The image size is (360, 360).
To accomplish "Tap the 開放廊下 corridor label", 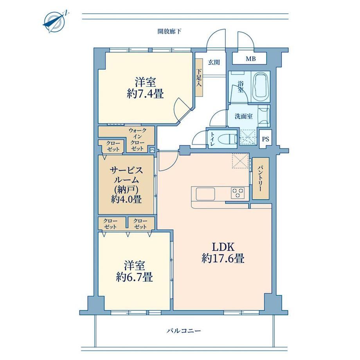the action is point(169,31).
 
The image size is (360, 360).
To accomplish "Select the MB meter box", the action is point(249,59).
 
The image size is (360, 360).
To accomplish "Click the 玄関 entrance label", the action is point(214,62).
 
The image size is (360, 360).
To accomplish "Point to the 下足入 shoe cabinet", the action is point(199,77).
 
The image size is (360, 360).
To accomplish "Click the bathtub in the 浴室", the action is point(261,86).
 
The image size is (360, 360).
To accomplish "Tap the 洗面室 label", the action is point(243,116).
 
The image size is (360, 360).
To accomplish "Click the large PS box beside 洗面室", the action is point(266,139).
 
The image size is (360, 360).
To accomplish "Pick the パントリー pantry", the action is point(261,178).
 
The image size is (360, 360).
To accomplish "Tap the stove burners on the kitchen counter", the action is point(238,193).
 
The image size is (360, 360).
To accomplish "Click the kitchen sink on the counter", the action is point(205,194).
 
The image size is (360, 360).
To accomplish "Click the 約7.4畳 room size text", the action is point(145,94).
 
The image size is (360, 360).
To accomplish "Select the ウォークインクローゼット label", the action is point(137,140).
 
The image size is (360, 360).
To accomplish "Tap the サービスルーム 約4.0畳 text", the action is point(126,185).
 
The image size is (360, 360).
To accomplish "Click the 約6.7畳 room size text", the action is point(134,277).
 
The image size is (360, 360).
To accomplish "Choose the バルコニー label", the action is point(184,331).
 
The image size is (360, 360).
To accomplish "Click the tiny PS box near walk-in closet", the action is point(152,150).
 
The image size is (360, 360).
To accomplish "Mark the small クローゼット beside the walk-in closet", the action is point(113,146).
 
